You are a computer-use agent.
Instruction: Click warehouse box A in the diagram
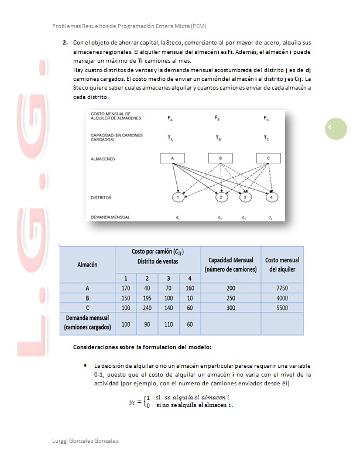click(173, 159)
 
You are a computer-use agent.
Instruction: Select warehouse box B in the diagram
click(221, 159)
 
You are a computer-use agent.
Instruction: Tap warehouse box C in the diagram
click(268, 159)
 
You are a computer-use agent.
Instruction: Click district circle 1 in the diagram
click(177, 197)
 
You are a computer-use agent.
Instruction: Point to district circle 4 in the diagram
click(272, 197)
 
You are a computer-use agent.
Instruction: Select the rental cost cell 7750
click(282, 288)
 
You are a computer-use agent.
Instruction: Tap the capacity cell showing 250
click(231, 298)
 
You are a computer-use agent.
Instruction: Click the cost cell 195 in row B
click(147, 298)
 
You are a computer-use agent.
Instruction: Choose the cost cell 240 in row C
click(147, 307)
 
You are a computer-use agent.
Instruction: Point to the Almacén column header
click(88, 264)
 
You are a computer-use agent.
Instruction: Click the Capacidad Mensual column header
click(231, 264)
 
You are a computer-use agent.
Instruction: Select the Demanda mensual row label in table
click(88, 323)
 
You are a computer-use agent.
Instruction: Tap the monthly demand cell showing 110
click(169, 323)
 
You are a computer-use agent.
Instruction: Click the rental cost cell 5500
click(282, 307)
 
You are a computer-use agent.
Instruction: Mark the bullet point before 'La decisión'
click(86, 365)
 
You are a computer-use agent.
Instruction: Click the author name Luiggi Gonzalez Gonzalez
click(85, 440)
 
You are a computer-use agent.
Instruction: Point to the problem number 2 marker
click(65, 43)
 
